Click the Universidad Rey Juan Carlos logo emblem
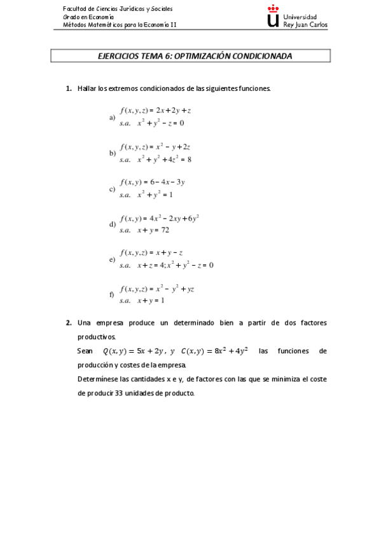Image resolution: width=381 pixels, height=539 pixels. (x=273, y=17)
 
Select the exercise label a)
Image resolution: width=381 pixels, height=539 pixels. (x=112, y=118)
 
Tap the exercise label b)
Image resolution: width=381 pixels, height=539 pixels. (x=112, y=153)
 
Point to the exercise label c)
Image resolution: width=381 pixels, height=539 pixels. (x=112, y=189)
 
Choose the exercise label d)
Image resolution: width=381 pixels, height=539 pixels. (x=112, y=224)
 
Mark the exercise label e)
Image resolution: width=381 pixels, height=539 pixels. (x=112, y=260)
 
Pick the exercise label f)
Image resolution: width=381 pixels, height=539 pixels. (x=112, y=294)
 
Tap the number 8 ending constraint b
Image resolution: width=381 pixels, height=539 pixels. (x=189, y=160)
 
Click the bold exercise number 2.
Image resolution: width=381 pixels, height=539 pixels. (x=68, y=323)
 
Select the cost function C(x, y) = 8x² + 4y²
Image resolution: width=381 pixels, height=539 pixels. (x=214, y=351)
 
